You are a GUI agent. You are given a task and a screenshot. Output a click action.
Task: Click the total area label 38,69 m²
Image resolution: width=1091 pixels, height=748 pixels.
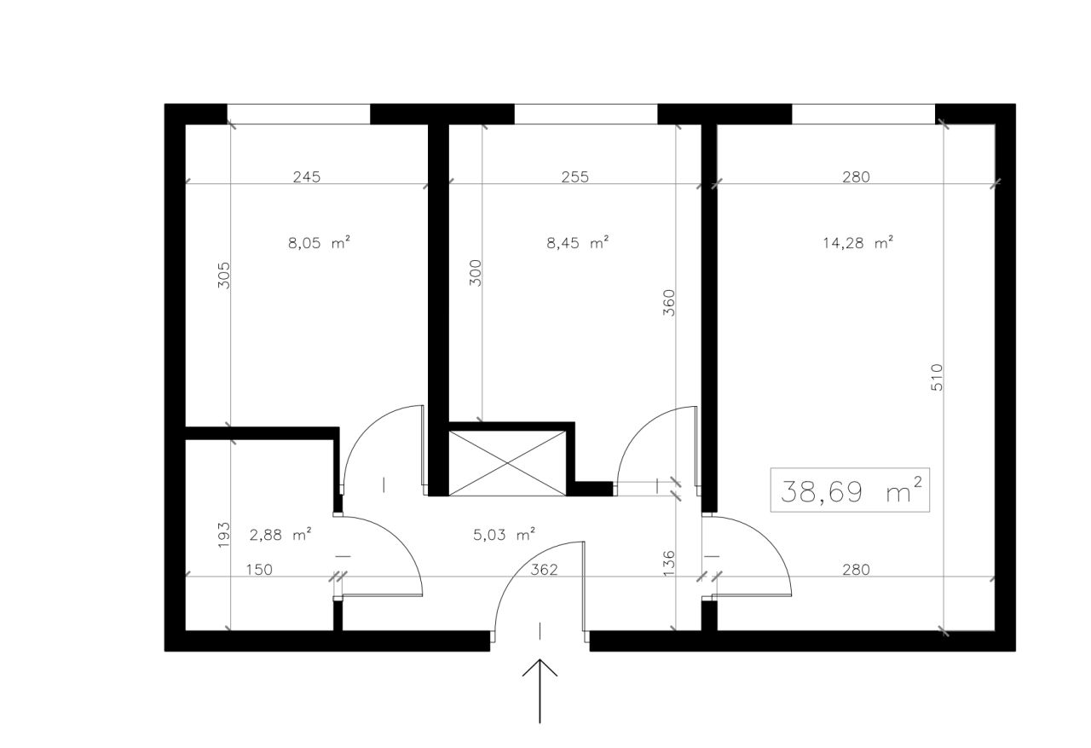851,491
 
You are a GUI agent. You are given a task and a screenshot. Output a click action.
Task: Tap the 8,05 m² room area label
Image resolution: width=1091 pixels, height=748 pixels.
319,242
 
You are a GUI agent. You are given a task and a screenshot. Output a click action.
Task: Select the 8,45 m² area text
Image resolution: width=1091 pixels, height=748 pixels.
578,242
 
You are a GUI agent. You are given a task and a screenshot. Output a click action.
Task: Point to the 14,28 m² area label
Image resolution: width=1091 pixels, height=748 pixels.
857,242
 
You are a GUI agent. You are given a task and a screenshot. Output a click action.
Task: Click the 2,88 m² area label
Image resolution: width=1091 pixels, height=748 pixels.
280,535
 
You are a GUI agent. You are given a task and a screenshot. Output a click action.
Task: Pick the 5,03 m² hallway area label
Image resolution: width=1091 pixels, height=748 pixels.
504,535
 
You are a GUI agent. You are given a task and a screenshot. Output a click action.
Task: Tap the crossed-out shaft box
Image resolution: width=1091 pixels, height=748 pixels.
507,463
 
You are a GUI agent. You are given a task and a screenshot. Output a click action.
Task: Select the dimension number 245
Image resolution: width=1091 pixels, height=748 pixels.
307,177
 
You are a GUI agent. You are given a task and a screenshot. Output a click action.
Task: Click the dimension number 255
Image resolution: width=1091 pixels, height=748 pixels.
575,177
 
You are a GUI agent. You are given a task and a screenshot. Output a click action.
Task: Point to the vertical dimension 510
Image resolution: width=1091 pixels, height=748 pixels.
937,377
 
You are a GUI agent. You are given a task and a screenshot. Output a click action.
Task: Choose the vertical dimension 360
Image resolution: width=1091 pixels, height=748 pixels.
669,303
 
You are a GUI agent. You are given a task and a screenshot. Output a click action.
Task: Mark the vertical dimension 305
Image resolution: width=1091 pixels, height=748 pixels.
223,275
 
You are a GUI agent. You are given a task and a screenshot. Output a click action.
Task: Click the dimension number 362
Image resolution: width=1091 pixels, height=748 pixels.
544,569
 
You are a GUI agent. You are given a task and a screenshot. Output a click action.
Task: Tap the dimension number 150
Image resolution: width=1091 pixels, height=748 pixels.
259,569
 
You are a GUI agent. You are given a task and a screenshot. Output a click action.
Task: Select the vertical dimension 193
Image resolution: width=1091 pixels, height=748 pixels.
223,535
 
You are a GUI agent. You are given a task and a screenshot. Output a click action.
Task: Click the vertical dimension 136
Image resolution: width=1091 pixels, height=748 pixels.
669,563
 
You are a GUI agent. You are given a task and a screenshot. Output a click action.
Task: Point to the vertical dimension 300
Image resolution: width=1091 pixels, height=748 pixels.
476,273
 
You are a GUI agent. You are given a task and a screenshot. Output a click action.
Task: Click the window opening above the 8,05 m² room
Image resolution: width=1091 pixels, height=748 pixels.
298,114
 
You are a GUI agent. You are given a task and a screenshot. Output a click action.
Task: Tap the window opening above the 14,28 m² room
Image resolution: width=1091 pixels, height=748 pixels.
863,114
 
